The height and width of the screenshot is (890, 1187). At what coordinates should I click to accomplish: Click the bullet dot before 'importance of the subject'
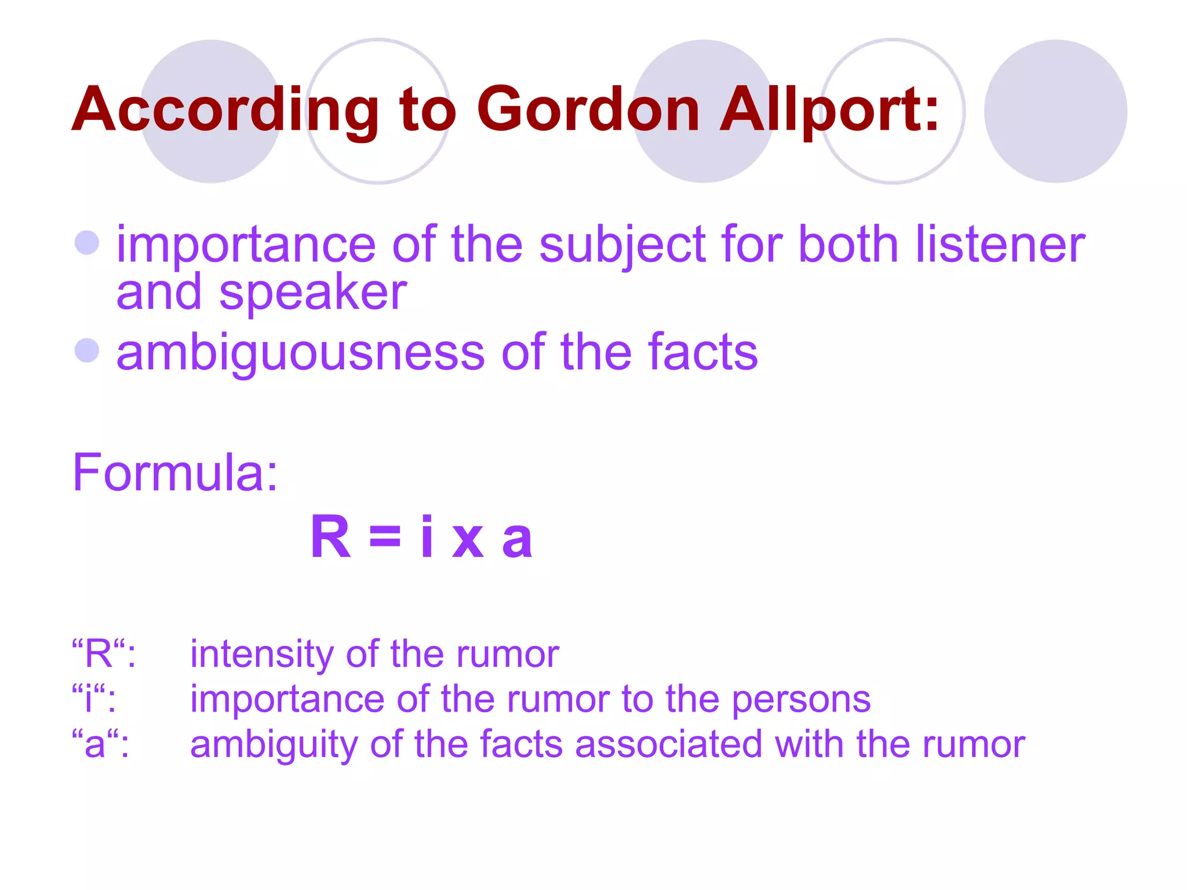tap(88, 242)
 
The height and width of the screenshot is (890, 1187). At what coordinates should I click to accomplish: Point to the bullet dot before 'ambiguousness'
tap(88, 350)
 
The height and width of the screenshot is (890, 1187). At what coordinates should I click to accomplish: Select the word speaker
tap(313, 293)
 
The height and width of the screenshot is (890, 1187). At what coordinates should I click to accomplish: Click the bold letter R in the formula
tap(331, 537)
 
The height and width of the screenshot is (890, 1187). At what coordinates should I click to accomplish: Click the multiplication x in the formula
tap(468, 541)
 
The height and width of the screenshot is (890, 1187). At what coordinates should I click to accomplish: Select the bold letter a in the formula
tap(517, 539)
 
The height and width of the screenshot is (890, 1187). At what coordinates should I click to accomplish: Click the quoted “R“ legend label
tap(99, 653)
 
